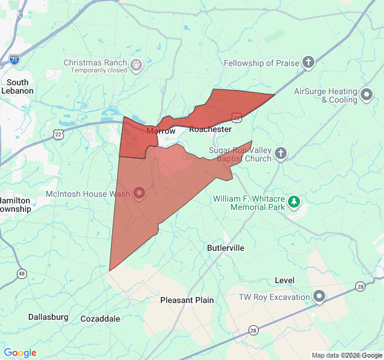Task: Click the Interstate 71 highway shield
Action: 14,59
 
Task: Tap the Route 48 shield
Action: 22,274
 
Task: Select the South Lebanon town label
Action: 18,86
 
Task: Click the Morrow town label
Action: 161,131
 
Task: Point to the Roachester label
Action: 210,130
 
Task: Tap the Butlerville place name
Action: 226,248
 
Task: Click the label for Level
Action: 284,280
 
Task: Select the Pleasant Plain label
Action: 187,300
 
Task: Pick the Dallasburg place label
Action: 48,317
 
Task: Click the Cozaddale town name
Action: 100,319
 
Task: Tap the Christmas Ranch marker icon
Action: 136,64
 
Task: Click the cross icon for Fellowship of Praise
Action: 308,62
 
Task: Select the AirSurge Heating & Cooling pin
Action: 367,94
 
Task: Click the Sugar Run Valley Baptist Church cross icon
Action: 280,154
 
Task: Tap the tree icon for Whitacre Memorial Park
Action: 294,201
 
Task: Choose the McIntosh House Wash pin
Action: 139,193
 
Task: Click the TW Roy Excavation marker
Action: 319,296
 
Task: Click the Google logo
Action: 20,353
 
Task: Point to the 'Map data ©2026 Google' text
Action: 346,355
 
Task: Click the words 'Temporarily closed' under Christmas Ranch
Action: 99,70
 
